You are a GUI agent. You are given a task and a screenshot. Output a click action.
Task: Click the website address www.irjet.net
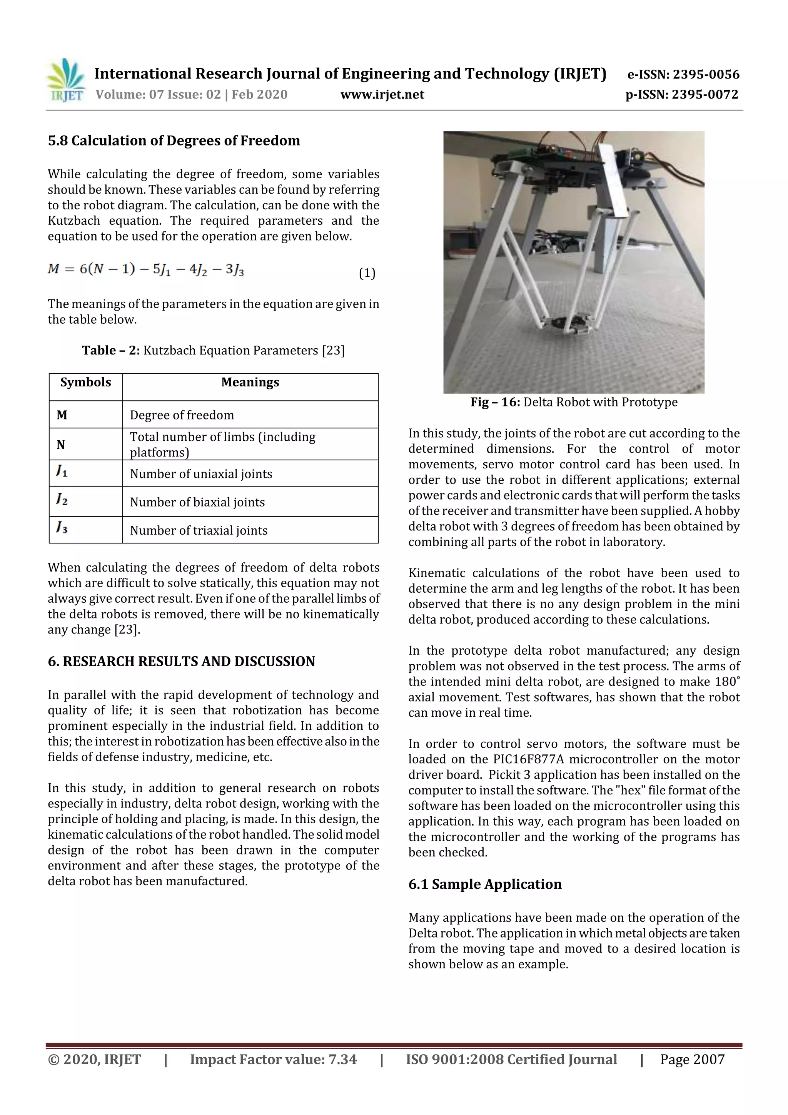coord(382,95)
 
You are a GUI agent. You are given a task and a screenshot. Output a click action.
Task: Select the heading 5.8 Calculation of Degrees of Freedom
coord(174,141)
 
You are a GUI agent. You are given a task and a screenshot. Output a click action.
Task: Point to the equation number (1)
coord(367,273)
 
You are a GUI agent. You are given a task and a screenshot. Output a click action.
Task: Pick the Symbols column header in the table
coord(85,383)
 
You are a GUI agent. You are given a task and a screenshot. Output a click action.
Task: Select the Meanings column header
coord(250,383)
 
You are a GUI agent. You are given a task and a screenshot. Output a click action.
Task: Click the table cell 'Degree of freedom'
coord(182,415)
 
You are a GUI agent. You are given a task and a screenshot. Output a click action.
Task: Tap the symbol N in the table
coord(61,445)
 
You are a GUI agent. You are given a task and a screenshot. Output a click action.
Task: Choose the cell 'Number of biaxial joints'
coord(197,502)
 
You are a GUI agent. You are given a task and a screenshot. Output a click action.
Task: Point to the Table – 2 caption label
coord(111,351)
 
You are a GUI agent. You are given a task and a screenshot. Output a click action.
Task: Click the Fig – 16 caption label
coord(495,402)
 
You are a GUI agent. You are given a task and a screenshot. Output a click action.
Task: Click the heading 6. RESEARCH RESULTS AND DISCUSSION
coord(181,662)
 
